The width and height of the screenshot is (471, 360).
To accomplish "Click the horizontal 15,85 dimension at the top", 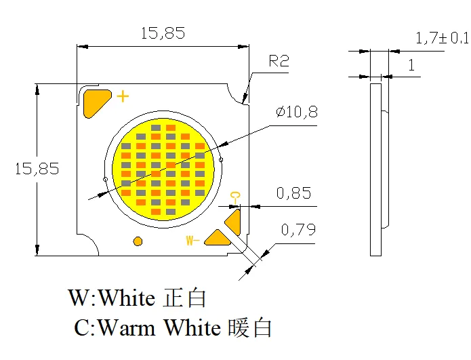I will pos(162,34).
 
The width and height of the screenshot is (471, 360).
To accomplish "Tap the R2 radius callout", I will pos(279,62).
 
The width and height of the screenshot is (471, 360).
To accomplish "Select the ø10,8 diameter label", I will pos(296,113).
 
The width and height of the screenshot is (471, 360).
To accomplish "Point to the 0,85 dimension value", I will pos(293,194).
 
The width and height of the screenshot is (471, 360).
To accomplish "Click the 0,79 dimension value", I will pos(298,230).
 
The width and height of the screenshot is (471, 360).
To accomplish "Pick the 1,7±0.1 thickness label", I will pos(441,39).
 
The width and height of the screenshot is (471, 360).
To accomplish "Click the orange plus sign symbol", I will pos(122,96).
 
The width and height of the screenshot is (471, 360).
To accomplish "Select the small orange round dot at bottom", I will pos(138,241).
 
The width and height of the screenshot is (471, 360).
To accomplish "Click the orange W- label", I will pos(192,240).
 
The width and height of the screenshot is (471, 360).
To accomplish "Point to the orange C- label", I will pos(235,197).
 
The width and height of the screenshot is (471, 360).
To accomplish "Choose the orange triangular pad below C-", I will pos(233,220).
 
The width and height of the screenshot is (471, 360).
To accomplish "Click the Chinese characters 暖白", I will pos(250,328).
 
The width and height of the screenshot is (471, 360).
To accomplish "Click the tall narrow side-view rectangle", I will pos(375,169).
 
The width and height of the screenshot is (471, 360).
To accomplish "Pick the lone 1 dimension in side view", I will pos(411,65).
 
